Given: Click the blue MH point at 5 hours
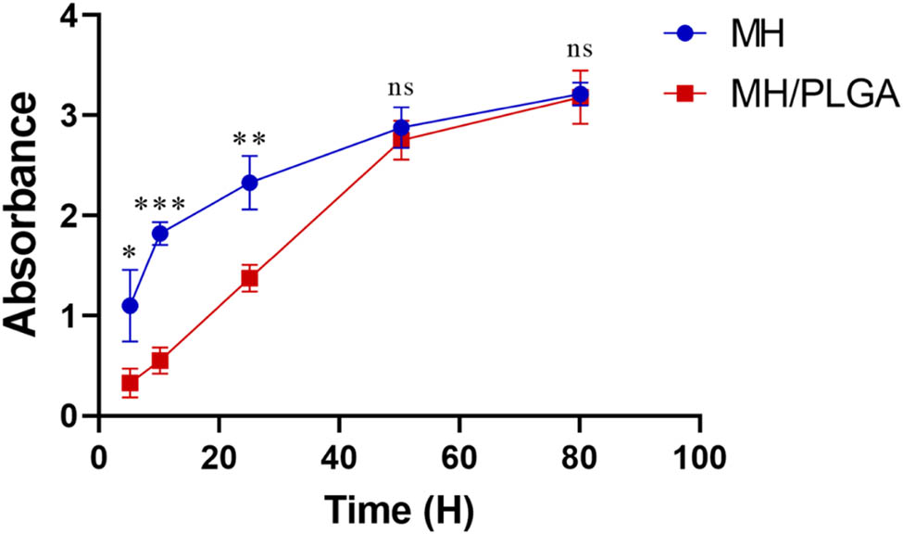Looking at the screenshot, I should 130,305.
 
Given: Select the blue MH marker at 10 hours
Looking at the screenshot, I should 160,234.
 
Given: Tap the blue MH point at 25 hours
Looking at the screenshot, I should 249,183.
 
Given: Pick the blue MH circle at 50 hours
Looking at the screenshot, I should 401,128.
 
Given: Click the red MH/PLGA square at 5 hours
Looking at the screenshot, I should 130,383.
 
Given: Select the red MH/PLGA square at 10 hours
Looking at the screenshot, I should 160,361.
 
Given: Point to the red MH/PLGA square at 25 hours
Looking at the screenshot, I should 249,278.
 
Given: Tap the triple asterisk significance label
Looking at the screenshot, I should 160,205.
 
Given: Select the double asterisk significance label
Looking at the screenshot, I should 249,139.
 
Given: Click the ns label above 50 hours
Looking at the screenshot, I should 400,89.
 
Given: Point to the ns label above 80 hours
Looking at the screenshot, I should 579,49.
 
